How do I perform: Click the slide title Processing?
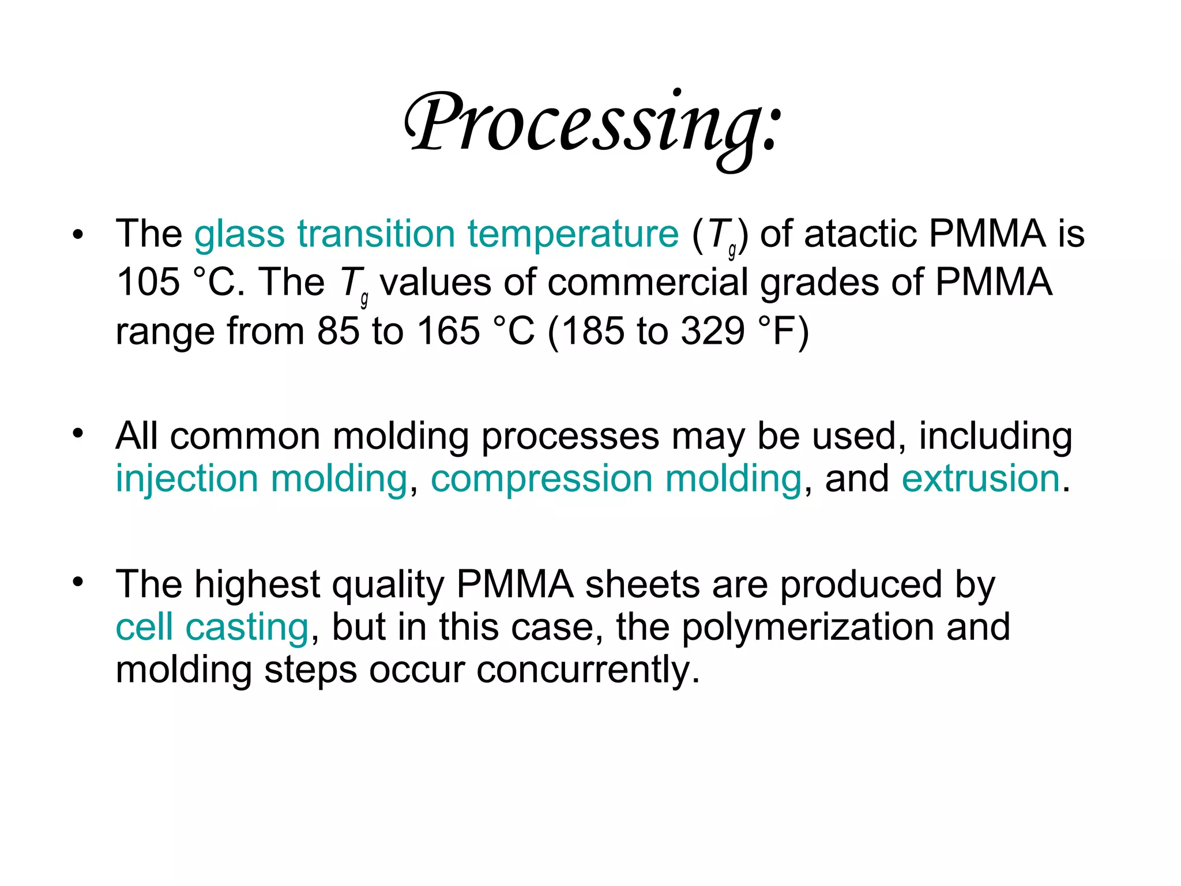(x=593, y=124)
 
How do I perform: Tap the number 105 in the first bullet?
(x=148, y=283)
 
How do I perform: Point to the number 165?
(x=448, y=331)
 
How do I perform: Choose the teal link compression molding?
(x=616, y=479)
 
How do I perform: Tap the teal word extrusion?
(x=980, y=479)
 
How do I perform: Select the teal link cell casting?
(x=212, y=627)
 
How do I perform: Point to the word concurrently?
(x=588, y=670)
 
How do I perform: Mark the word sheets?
(x=642, y=584)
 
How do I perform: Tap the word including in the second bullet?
(x=995, y=436)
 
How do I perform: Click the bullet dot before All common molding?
(x=78, y=433)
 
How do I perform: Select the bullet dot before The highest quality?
(x=78, y=581)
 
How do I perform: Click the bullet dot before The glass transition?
(x=78, y=235)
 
